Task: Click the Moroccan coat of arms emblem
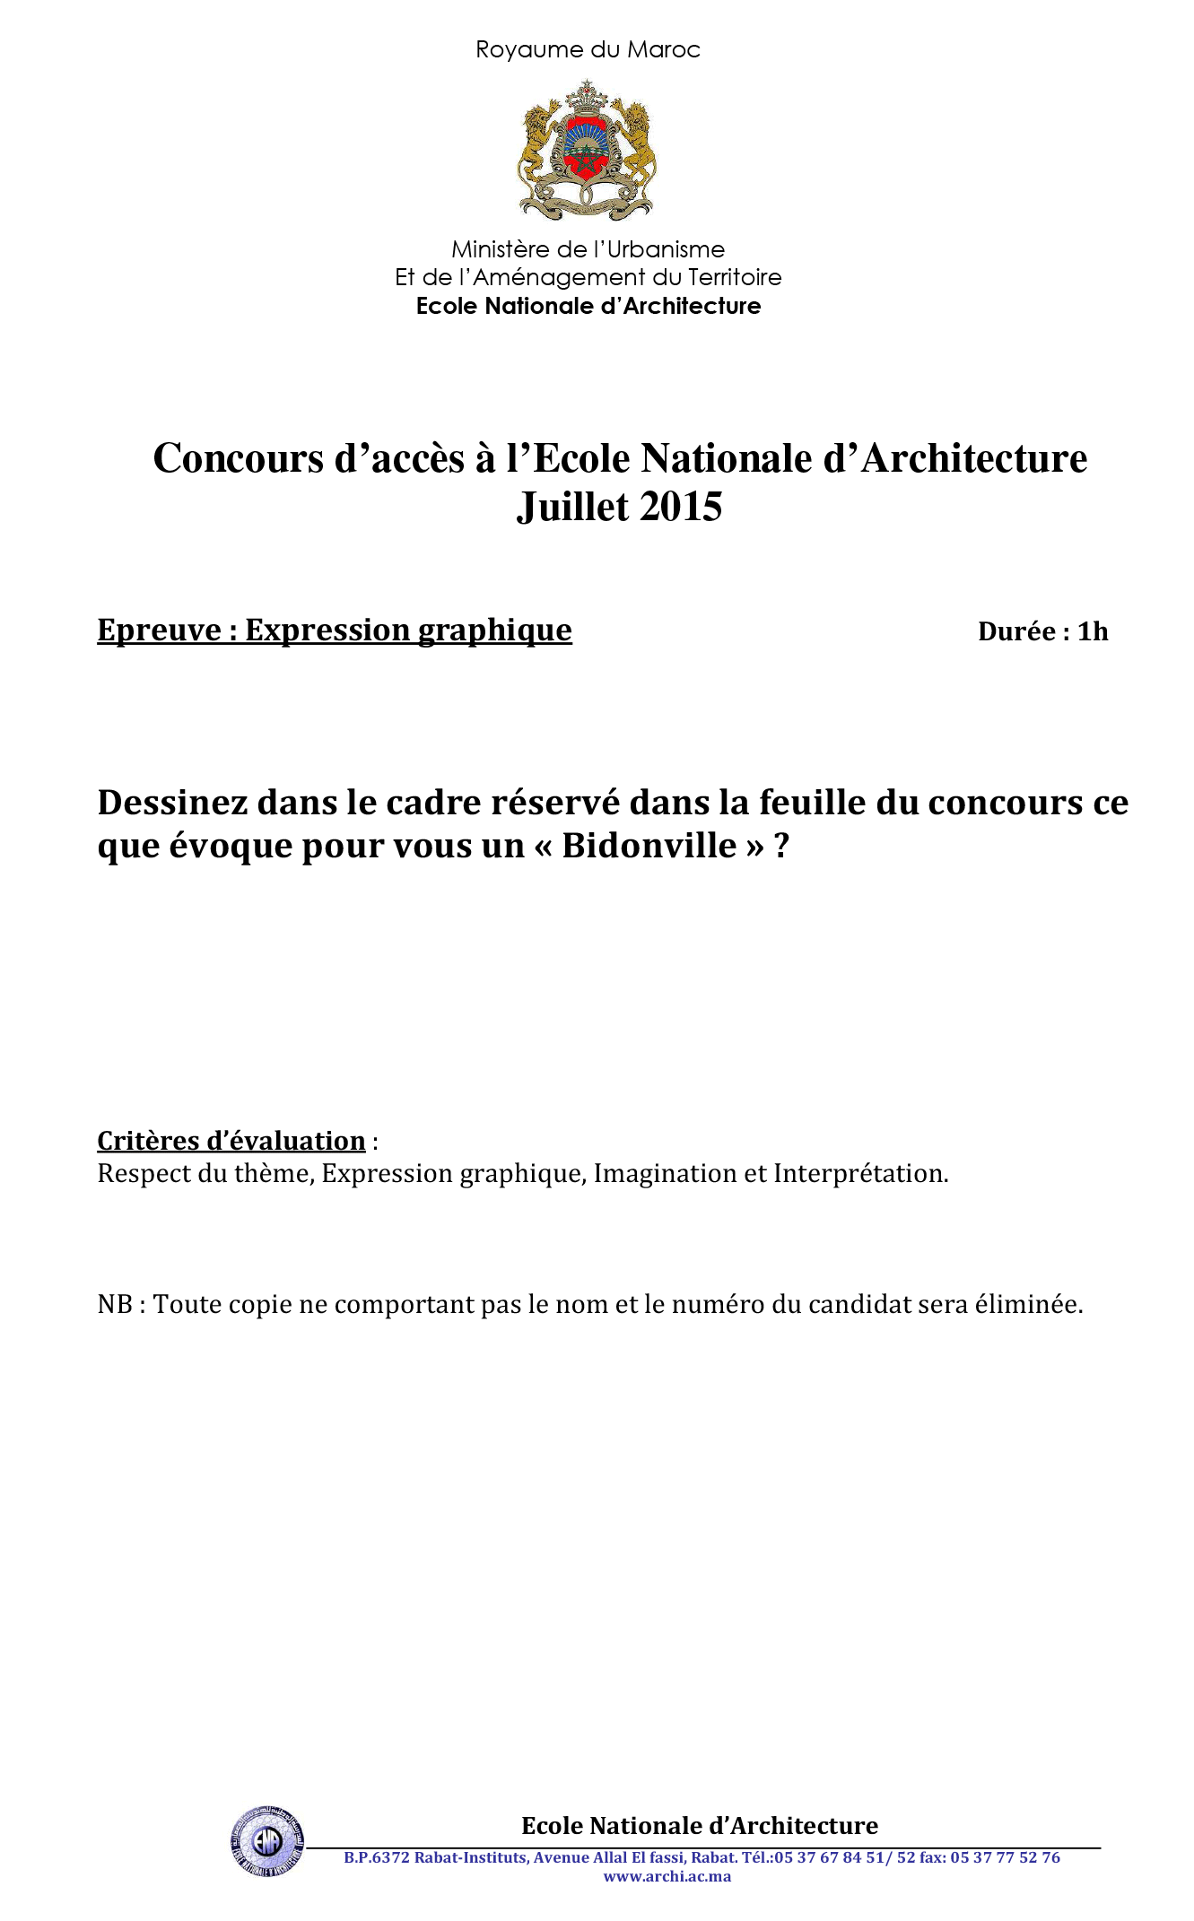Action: [588, 151]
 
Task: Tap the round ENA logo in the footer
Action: [266, 1841]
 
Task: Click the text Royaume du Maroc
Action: [588, 49]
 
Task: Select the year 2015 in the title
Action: [682, 507]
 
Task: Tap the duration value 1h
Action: [1093, 631]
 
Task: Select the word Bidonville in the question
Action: [649, 845]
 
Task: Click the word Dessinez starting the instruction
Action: [172, 802]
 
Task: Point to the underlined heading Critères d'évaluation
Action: [231, 1141]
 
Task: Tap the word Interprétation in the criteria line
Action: [860, 1173]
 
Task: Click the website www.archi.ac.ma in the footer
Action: [667, 1876]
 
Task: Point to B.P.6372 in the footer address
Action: [377, 1857]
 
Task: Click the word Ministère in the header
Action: [499, 249]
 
